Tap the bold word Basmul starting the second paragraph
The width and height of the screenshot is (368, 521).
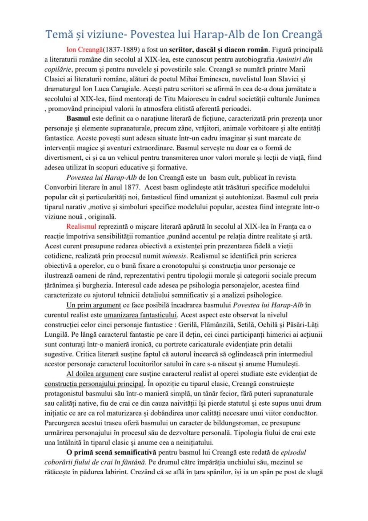78,119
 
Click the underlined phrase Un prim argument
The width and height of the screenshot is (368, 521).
94,305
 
